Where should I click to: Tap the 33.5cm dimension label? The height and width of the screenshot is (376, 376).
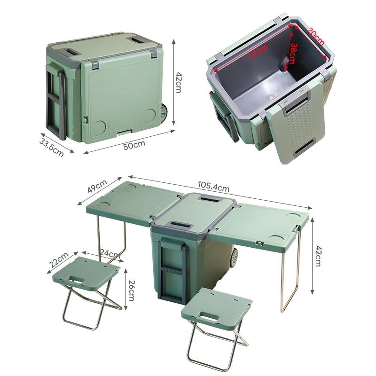[51, 147]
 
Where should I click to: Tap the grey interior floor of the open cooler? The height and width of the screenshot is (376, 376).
[263, 89]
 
